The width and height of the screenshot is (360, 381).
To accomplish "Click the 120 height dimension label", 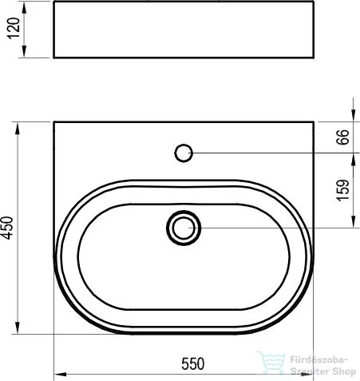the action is [x=14, y=29].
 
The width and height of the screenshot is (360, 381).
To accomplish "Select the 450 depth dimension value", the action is [x=7, y=228].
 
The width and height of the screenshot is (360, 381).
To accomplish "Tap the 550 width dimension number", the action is [x=193, y=363].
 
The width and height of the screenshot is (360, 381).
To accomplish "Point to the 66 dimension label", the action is [x=342, y=137].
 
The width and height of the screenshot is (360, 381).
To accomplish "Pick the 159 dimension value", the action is [x=342, y=190].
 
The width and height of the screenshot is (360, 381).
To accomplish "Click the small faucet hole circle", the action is [x=184, y=153].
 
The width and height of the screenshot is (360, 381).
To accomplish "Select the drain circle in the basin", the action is [x=184, y=228].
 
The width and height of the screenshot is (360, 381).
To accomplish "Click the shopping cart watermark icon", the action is [x=271, y=362].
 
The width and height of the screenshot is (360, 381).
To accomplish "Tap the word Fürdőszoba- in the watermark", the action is [x=318, y=359].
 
